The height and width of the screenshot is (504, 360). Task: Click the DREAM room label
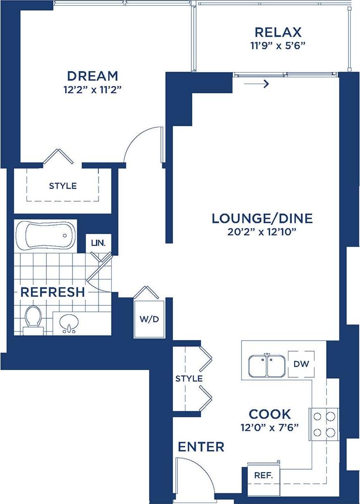[x=92, y=76]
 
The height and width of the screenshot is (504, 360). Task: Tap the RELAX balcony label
[x=278, y=32]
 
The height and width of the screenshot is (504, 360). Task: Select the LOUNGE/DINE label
[x=262, y=219]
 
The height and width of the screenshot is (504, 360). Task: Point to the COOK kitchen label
[x=270, y=414]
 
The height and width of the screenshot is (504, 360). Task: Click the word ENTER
[x=201, y=447]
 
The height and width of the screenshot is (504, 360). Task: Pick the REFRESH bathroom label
[x=53, y=292]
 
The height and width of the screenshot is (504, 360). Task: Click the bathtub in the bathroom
[x=45, y=236]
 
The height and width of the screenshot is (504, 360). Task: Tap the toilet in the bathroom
[x=33, y=320]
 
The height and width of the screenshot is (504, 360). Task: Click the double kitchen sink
[x=266, y=366]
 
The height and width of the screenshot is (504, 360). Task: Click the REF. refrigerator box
[x=263, y=474]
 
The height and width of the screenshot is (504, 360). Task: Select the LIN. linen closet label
[x=98, y=242]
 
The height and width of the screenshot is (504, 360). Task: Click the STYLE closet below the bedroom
[x=63, y=186]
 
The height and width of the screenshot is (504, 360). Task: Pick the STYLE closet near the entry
[x=189, y=378]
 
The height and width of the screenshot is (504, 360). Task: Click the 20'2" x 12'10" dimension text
[x=262, y=231]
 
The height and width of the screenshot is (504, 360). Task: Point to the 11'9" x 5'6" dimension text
[x=278, y=46]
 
